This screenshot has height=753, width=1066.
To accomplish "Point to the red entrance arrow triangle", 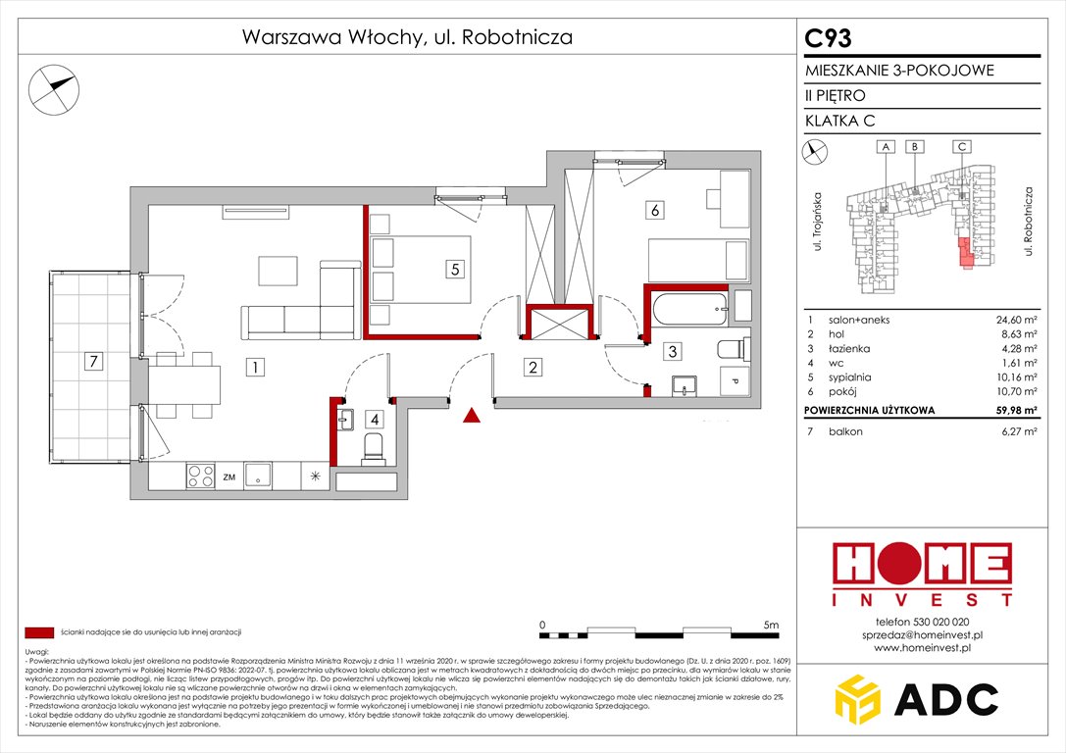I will (x=473, y=417).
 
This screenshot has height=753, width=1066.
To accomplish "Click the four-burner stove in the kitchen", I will (x=201, y=477).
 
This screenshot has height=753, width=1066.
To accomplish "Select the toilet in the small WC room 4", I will (x=373, y=448).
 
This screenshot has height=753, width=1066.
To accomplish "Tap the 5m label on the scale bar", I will (x=770, y=624).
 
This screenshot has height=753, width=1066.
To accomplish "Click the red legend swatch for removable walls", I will (x=40, y=632).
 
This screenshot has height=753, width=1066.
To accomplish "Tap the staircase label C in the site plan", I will (x=963, y=146).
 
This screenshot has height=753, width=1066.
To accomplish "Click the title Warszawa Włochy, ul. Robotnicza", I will (x=406, y=38).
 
